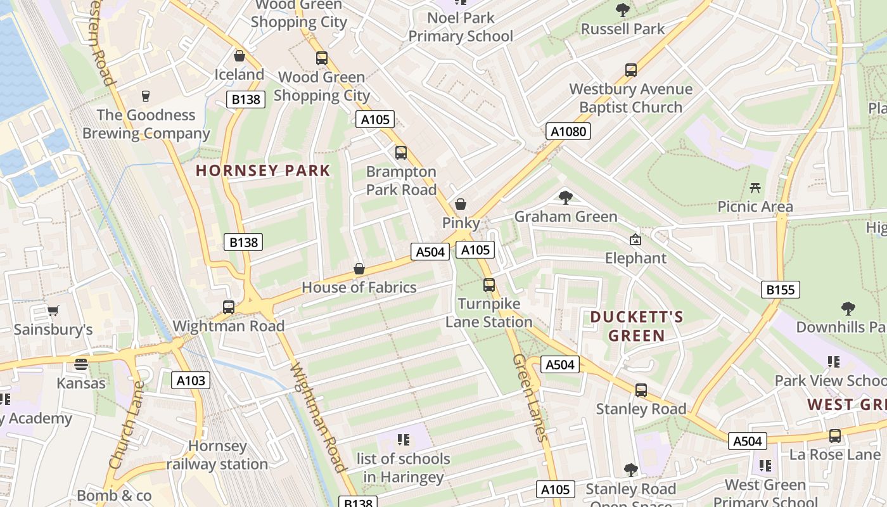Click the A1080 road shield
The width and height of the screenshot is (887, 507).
click(568, 131)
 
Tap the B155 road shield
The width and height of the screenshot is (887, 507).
click(780, 290)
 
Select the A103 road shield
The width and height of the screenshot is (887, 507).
click(190, 380)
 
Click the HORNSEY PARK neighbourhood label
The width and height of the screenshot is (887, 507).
click(263, 170)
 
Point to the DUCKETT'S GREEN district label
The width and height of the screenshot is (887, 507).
click(636, 326)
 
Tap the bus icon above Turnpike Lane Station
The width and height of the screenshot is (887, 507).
click(488, 285)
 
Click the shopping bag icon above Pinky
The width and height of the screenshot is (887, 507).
click(461, 204)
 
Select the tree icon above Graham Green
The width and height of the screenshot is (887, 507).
click(565, 198)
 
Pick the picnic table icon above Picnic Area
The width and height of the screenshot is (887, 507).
click(755, 188)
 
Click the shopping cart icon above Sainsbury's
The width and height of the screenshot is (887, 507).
click(53, 311)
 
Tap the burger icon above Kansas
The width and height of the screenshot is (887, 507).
click(80, 364)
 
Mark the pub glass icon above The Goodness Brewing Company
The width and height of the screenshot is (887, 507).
click(146, 96)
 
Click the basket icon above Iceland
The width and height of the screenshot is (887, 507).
click(239, 56)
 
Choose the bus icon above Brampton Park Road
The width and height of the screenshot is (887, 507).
click(400, 153)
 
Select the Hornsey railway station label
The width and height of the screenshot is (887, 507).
click(217, 455)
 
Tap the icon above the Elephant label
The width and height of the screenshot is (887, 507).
click(635, 240)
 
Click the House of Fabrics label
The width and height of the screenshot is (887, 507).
click(359, 287)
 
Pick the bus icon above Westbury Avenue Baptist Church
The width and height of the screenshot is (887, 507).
click(630, 70)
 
